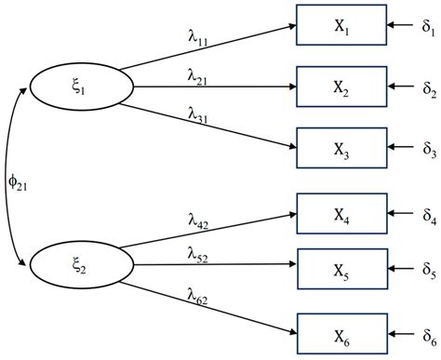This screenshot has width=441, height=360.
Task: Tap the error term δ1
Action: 428,25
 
